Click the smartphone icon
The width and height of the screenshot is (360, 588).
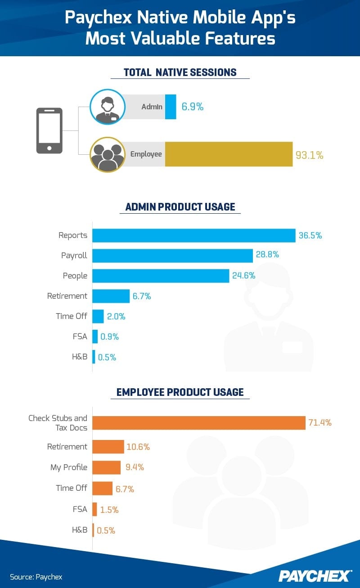49,130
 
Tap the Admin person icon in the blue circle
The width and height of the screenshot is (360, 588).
107,107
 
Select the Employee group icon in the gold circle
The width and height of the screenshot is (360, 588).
107,155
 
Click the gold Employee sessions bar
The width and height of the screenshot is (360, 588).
229,154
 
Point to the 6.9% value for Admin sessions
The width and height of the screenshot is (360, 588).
192,107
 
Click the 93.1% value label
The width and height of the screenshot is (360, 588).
309,155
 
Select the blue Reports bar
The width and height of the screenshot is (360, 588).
194,235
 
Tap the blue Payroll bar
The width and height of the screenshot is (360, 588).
172,256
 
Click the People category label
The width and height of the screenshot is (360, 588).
75,276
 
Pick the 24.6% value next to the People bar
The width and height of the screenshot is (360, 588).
243,276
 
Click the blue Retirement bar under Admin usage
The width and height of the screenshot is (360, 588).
111,296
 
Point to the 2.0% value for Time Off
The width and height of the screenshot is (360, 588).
116,316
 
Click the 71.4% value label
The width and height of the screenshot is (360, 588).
319,422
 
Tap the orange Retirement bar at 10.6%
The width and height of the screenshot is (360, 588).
108,447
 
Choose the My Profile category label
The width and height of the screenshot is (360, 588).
69,467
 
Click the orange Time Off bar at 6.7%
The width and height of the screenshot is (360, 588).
103,488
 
